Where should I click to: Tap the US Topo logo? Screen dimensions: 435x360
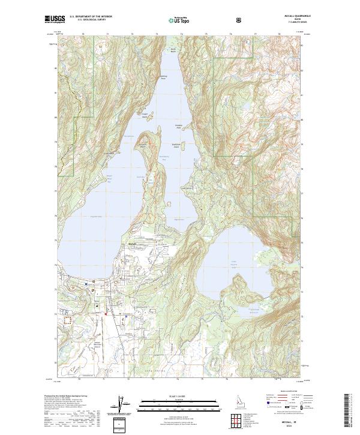pyautogui.click(x=179, y=20)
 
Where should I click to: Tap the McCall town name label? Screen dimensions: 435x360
pyautogui.click(x=133, y=244)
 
